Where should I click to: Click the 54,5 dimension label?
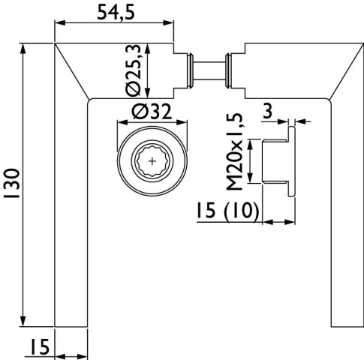point(116,13)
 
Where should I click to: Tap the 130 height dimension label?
point(12,184)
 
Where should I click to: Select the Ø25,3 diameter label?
point(134,71)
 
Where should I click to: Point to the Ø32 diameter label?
point(152,112)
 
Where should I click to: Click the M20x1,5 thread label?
point(234,151)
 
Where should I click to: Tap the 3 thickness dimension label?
point(267,111)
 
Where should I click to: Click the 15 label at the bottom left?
point(40,346)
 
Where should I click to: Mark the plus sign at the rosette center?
point(152,161)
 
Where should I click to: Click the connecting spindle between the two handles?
point(209,70)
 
